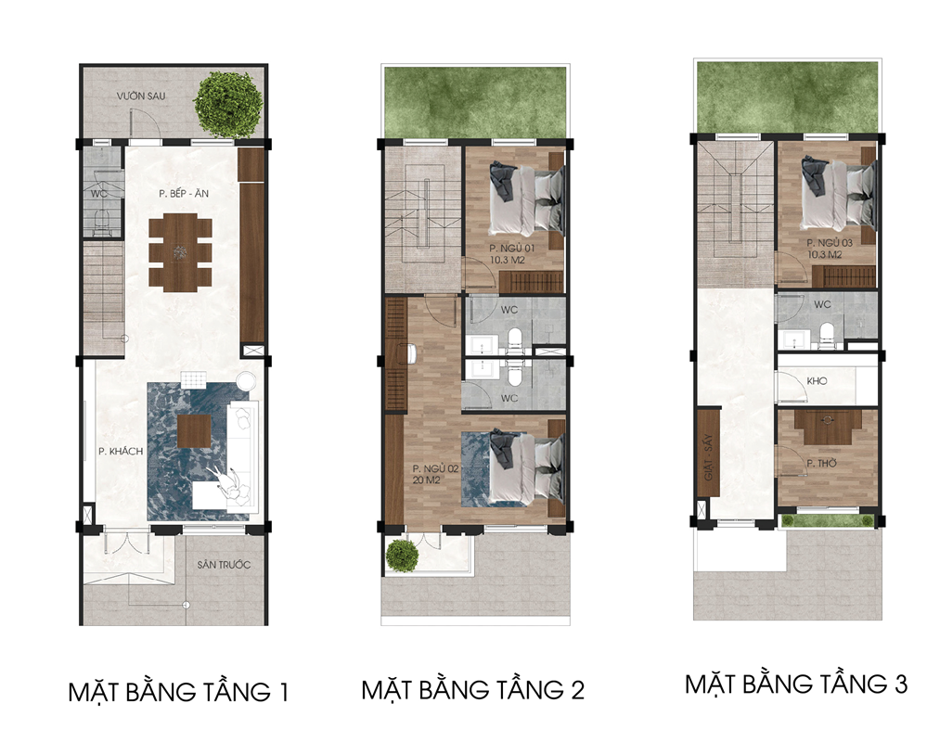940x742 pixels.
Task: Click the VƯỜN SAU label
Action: [x=141, y=96]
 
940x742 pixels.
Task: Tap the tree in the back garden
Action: [x=227, y=105]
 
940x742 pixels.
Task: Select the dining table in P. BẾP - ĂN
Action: [x=180, y=252]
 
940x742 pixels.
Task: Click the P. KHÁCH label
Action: [x=121, y=452]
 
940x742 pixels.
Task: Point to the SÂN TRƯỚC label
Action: [x=224, y=565]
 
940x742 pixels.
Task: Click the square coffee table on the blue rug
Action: [x=194, y=431]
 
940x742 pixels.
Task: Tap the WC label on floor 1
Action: [x=99, y=194]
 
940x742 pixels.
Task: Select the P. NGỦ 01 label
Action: [x=511, y=249]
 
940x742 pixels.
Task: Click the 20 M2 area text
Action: [x=426, y=480]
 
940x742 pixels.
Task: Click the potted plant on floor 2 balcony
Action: [x=402, y=556]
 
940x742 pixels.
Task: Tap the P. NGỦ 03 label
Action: [x=829, y=243]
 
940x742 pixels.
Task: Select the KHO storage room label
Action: [x=818, y=380]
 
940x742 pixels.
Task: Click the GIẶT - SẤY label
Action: [x=708, y=456]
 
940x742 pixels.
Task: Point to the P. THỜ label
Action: [x=821, y=464]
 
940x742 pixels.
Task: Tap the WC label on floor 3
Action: [x=822, y=304]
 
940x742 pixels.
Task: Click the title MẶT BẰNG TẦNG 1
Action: [x=178, y=692]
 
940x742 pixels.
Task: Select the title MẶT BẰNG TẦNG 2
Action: [x=472, y=689]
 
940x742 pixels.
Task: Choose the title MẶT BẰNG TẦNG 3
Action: [x=796, y=684]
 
